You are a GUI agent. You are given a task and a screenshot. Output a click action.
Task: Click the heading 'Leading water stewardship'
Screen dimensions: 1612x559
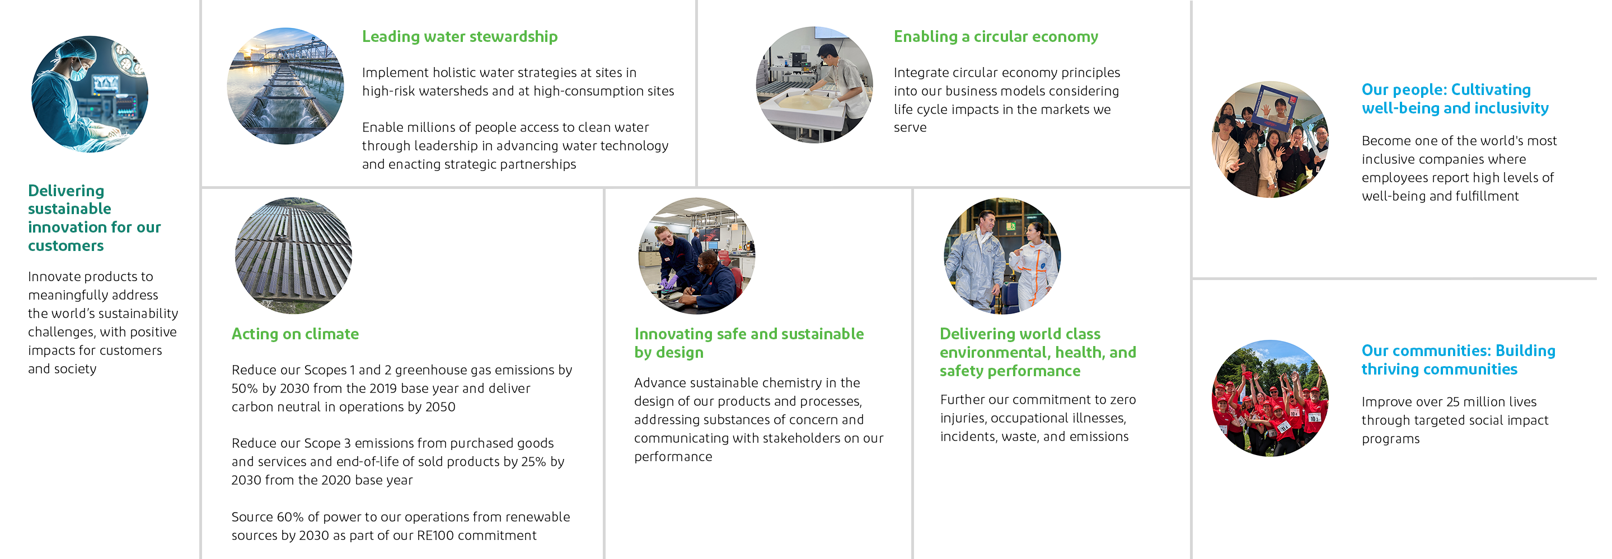pyautogui.click(x=460, y=37)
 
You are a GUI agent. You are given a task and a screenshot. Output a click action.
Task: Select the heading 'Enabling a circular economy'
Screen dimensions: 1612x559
pyautogui.click(x=996, y=37)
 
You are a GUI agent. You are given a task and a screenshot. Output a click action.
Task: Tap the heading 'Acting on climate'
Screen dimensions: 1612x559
pyautogui.click(x=295, y=334)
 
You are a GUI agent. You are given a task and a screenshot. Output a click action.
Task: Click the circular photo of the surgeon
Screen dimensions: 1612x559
pyautogui.click(x=90, y=94)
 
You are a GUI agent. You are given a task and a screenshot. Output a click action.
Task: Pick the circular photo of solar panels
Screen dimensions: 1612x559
pyautogui.click(x=293, y=255)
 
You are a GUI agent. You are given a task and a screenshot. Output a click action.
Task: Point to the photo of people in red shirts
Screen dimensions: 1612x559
pyautogui.click(x=1271, y=399)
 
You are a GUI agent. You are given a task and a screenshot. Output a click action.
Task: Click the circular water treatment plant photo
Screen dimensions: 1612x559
pyautogui.click(x=285, y=86)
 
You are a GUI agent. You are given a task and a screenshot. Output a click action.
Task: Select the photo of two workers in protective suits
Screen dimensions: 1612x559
pyautogui.click(x=1002, y=255)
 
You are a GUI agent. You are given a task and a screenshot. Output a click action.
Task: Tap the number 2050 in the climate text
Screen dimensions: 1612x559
pyautogui.click(x=439, y=407)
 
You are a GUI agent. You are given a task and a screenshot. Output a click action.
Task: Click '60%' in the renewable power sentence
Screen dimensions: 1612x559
pyautogui.click(x=290, y=517)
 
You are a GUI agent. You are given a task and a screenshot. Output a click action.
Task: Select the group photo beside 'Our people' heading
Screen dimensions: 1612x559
pyautogui.click(x=1271, y=139)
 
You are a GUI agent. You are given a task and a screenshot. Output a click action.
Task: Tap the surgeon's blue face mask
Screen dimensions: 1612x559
pyautogui.click(x=78, y=74)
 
